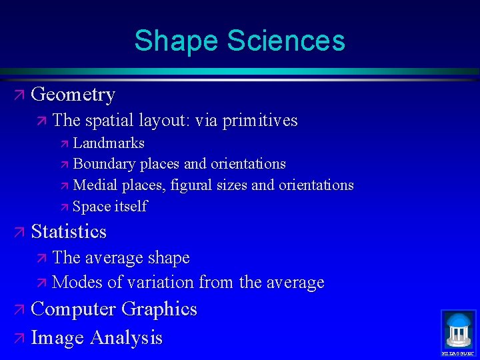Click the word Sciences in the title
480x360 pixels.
coord(286,40)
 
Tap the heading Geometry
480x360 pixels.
coord(73,95)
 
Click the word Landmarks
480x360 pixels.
coord(109,143)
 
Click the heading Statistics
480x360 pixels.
coord(69,232)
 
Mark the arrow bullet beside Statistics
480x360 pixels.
coord(19,233)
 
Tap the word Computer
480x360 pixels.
coord(73,309)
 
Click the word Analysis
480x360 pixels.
coord(126,338)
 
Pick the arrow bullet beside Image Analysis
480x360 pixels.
coord(19,339)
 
